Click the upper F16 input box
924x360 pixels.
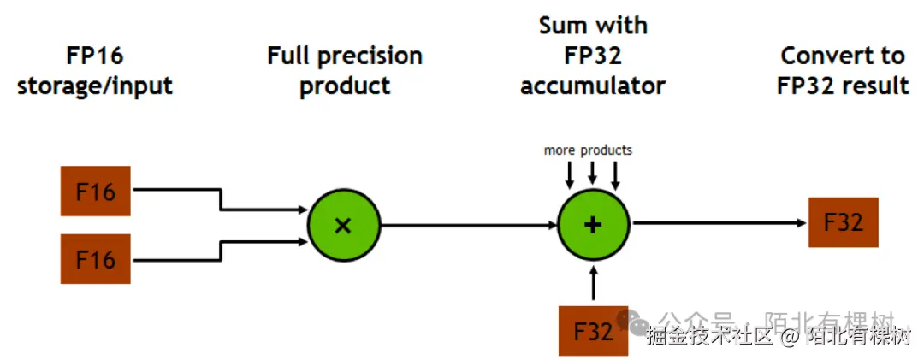click(x=95, y=191)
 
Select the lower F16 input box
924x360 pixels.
click(x=95, y=258)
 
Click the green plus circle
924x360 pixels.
click(x=593, y=224)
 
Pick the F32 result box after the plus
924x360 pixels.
click(x=843, y=222)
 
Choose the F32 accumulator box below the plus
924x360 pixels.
click(x=593, y=330)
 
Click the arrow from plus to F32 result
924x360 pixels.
click(x=719, y=223)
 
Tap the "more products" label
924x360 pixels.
click(x=588, y=150)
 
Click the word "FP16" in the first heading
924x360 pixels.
click(x=95, y=56)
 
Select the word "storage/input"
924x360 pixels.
click(x=95, y=86)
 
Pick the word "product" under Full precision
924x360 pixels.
click(x=345, y=86)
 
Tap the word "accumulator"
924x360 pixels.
click(x=593, y=86)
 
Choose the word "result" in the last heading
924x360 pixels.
click(x=875, y=86)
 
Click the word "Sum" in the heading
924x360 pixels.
click(x=561, y=26)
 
